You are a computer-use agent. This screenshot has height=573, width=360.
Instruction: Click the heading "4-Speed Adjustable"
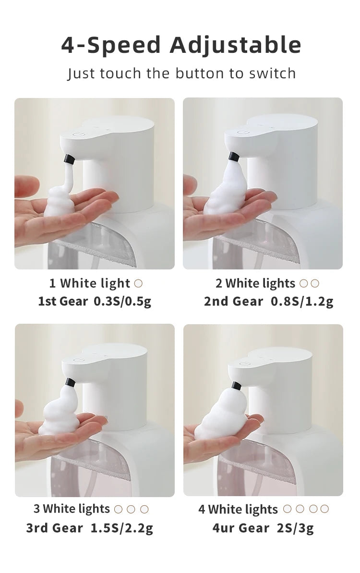(181, 45)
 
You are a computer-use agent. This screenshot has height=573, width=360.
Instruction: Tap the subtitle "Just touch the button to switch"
(181, 73)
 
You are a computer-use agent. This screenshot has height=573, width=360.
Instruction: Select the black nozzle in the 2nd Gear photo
(234, 157)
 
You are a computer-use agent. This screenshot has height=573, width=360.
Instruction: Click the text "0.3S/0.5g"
(122, 302)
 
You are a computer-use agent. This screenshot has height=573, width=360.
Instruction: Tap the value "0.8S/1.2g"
(302, 302)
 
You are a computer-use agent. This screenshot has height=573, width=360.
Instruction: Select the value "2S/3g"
(295, 528)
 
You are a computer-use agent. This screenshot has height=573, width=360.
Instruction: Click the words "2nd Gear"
(233, 302)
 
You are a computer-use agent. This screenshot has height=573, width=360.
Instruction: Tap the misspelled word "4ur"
(224, 528)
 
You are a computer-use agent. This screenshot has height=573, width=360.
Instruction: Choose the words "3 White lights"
(72, 509)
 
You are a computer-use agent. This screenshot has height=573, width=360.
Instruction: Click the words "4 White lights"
(238, 509)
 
